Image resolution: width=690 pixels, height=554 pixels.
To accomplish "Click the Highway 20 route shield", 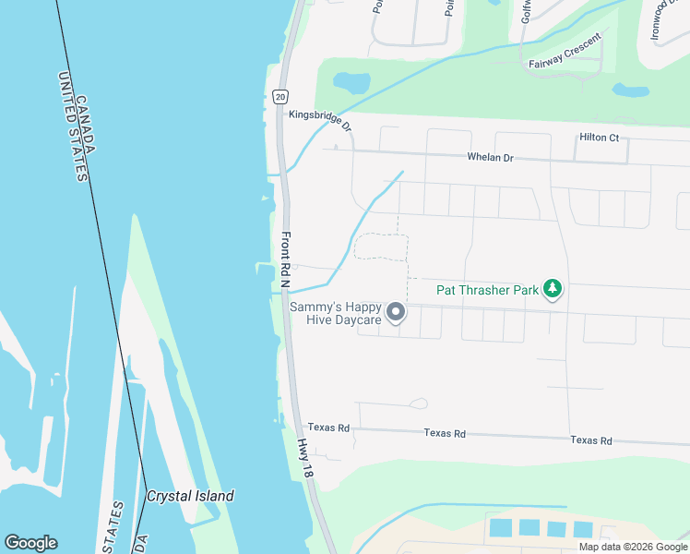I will (x=280, y=96).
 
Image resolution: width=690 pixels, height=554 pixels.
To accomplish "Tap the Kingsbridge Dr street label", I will (x=320, y=119).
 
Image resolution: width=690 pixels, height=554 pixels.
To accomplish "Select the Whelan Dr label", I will (x=489, y=158).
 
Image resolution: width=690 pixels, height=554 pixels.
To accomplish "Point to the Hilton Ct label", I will (x=599, y=138).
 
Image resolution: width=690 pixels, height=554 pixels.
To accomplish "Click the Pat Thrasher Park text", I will (x=487, y=290).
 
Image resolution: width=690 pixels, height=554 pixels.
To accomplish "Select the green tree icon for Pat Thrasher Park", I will (x=553, y=290).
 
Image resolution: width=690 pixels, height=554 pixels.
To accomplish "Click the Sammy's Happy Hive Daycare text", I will (x=335, y=313).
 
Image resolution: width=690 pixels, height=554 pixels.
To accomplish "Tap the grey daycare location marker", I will (x=396, y=313).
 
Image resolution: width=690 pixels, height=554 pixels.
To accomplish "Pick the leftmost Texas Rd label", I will (x=328, y=428).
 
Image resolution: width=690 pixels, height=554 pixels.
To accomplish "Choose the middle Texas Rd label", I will (x=445, y=433).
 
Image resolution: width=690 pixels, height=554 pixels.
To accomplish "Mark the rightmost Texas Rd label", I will (x=590, y=440).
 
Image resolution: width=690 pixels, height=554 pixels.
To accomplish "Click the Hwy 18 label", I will (x=306, y=456).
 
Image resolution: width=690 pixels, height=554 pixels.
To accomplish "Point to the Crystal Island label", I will (x=190, y=496).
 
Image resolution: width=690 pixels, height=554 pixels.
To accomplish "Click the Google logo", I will (x=30, y=543).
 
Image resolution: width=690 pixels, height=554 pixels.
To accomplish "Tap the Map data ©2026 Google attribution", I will (x=633, y=547).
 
